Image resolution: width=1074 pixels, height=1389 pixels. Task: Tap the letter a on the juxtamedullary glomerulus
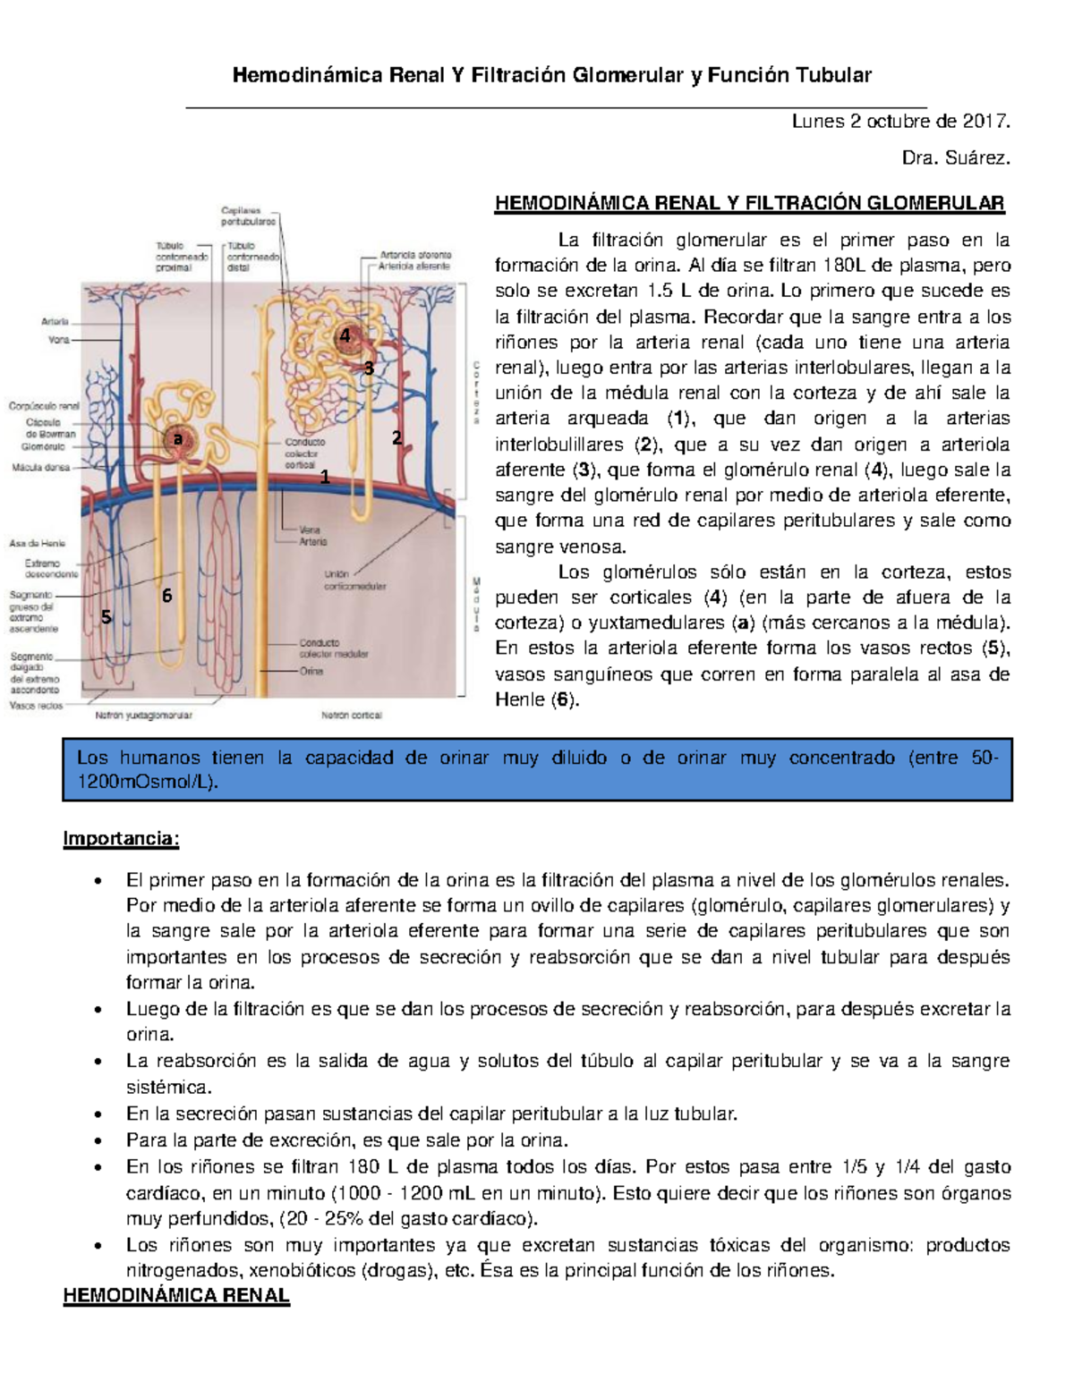pyautogui.click(x=178, y=438)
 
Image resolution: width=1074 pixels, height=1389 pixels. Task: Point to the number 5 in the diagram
pyautogui.click(x=107, y=617)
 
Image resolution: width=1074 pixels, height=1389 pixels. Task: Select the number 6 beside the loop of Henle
pyautogui.click(x=166, y=596)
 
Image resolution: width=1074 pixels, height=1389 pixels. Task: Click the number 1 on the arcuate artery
pyautogui.click(x=325, y=478)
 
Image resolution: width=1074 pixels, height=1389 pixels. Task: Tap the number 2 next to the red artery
pyautogui.click(x=396, y=437)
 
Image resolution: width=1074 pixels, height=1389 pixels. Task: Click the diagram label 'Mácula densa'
pyautogui.click(x=40, y=467)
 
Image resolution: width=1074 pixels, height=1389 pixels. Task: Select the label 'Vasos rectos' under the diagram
pyautogui.click(x=36, y=706)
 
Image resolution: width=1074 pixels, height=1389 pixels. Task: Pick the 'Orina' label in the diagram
pyautogui.click(x=311, y=671)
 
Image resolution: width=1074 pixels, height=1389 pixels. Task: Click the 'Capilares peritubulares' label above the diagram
pyautogui.click(x=248, y=216)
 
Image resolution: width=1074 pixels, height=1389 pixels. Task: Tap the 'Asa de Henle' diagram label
pyautogui.click(x=37, y=543)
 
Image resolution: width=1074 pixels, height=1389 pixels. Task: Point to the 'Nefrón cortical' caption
pyautogui.click(x=351, y=716)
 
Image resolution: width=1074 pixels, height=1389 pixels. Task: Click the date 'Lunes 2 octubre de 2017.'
pyautogui.click(x=900, y=121)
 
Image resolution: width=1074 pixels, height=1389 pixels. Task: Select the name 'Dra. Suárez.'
pyautogui.click(x=956, y=158)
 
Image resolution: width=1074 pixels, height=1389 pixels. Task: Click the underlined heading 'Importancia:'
pyautogui.click(x=121, y=839)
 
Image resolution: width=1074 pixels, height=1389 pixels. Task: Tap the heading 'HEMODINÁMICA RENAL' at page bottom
pyautogui.click(x=176, y=1296)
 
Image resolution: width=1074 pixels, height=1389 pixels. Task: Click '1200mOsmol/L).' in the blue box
pyautogui.click(x=148, y=783)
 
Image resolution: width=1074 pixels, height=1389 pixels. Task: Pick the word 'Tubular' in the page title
pyautogui.click(x=834, y=75)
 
